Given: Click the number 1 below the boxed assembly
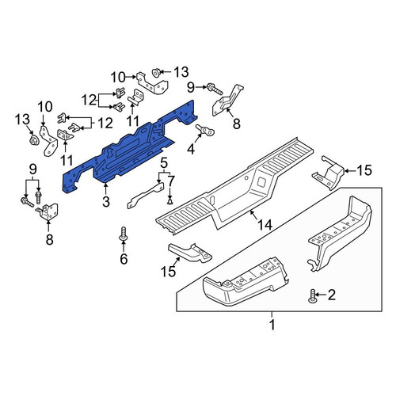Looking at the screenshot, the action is pyautogui.click(x=272, y=325).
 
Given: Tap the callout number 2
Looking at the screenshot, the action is pyautogui.click(x=331, y=295).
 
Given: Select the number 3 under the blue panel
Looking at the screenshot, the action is pyautogui.click(x=106, y=202).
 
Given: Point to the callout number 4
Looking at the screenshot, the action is pyautogui.click(x=191, y=149).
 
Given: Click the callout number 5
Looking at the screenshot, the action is pyautogui.click(x=164, y=163).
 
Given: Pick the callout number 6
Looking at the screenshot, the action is pyautogui.click(x=124, y=258).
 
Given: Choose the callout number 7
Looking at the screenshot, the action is pyautogui.click(x=171, y=181).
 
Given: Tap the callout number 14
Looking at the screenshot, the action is pyautogui.click(x=265, y=225).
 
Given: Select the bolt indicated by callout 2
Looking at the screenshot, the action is pyautogui.click(x=312, y=296).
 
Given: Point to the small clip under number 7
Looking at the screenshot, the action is pyautogui.click(x=170, y=202).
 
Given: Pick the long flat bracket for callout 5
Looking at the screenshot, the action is pyautogui.click(x=145, y=196).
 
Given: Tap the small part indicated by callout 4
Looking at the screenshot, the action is pyautogui.click(x=205, y=129).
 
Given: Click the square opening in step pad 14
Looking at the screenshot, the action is pyautogui.click(x=263, y=181).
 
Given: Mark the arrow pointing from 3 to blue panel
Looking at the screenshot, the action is pyautogui.click(x=105, y=189).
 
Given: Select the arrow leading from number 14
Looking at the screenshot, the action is pyautogui.click(x=256, y=215).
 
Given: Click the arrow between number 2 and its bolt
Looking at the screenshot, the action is pyautogui.click(x=321, y=295).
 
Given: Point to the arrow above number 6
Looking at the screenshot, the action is pyautogui.click(x=124, y=246).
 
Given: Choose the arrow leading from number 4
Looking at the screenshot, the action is pyautogui.click(x=198, y=139).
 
